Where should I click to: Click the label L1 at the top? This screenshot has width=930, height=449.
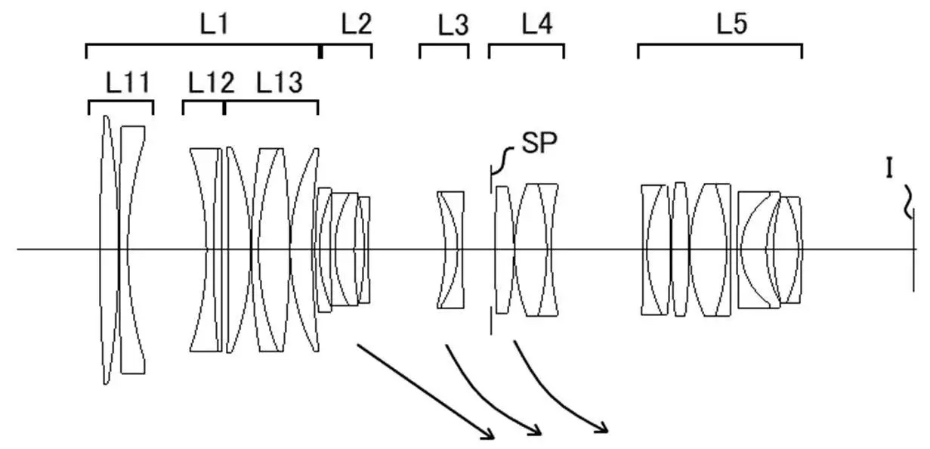215,24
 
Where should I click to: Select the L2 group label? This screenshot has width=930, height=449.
357,24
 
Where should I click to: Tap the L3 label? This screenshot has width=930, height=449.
453,25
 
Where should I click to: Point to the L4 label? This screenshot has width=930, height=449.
537,24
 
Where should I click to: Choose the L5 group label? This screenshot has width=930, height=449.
732,23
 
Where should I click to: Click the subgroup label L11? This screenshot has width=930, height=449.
128,82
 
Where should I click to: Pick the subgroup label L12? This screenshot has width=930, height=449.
212,82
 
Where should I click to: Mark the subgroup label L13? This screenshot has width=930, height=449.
280,82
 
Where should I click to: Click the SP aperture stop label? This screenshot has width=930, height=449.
539,144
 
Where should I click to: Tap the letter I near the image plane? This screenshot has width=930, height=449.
889,169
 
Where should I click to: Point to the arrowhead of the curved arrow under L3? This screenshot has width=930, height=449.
535,431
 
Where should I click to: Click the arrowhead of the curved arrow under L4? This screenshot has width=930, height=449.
602,428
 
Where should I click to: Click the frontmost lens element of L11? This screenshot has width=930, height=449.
107,249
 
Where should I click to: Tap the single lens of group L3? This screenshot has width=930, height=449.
450,249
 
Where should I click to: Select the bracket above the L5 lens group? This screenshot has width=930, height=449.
720,44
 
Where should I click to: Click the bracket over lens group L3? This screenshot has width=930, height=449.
444,45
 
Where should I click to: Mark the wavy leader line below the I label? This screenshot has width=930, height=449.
908,203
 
